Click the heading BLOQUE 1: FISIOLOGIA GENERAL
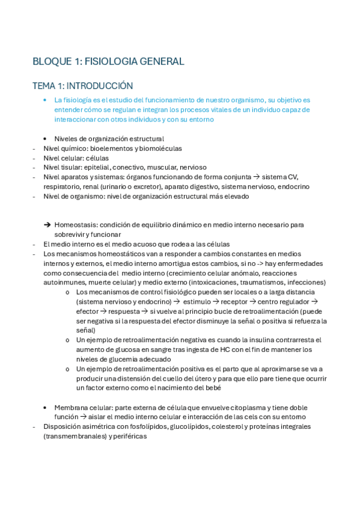tap(108, 61)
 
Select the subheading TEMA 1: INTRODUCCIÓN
tap(82, 86)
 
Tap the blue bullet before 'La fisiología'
tap(46, 100)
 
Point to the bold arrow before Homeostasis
tap(47, 225)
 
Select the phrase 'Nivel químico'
tap(62, 148)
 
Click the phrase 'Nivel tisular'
tap(61, 167)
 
